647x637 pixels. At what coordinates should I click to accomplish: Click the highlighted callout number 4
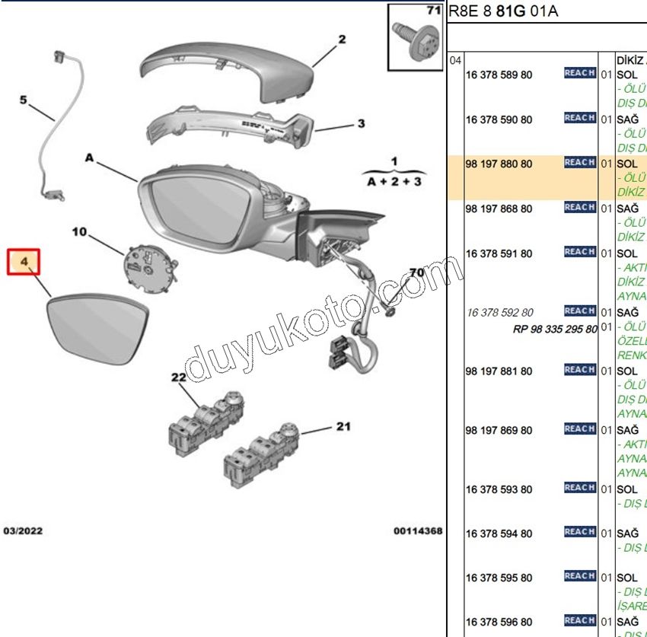point(24,262)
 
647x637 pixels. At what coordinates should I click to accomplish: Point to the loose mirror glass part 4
point(94,328)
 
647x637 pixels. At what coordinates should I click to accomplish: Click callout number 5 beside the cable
point(24,100)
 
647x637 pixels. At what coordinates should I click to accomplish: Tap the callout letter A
point(89,158)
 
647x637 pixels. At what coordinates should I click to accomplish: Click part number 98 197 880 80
point(499,164)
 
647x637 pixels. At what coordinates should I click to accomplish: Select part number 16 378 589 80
point(499,75)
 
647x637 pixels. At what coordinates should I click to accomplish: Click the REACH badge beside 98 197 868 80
point(579,207)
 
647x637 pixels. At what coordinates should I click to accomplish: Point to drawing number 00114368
point(417,530)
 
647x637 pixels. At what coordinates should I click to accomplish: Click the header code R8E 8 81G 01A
point(503,11)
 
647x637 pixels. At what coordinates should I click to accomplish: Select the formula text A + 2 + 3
point(394,183)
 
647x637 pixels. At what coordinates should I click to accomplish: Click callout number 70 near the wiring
point(416,272)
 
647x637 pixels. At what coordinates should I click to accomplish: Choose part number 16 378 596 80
point(499,622)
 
